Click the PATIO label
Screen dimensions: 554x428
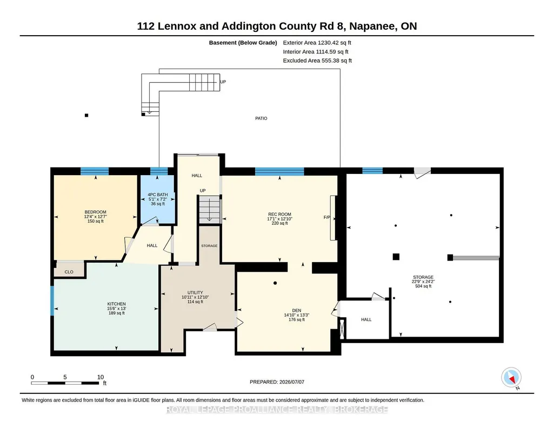pyautogui.click(x=261, y=118)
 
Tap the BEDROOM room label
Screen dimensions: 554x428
pyautogui.click(x=95, y=212)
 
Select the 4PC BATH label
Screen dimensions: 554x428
pyautogui.click(x=158, y=195)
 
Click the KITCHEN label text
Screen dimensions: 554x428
pyautogui.click(x=117, y=304)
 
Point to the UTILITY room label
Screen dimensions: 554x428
pyautogui.click(x=195, y=292)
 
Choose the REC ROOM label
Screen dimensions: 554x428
pyautogui.click(x=279, y=214)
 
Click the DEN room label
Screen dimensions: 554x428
pyautogui.click(x=297, y=310)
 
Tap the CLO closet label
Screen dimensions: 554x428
pyautogui.click(x=69, y=272)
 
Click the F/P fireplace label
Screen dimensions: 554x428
pyautogui.click(x=327, y=217)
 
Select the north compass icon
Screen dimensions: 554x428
pyautogui.click(x=511, y=378)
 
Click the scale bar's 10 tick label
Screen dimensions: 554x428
pyautogui.click(x=101, y=377)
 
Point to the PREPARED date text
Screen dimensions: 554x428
pyautogui.click(x=277, y=382)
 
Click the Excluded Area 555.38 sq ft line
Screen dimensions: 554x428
pyautogui.click(x=317, y=61)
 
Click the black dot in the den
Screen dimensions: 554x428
pyautogui.click(x=275, y=283)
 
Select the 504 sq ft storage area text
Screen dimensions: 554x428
pyautogui.click(x=423, y=286)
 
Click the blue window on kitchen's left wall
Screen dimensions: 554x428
pyautogui.click(x=52, y=300)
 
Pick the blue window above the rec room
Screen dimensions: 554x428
pyautogui.click(x=279, y=172)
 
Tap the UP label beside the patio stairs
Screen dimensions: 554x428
pyautogui.click(x=223, y=82)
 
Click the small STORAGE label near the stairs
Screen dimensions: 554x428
pyautogui.click(x=209, y=246)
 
